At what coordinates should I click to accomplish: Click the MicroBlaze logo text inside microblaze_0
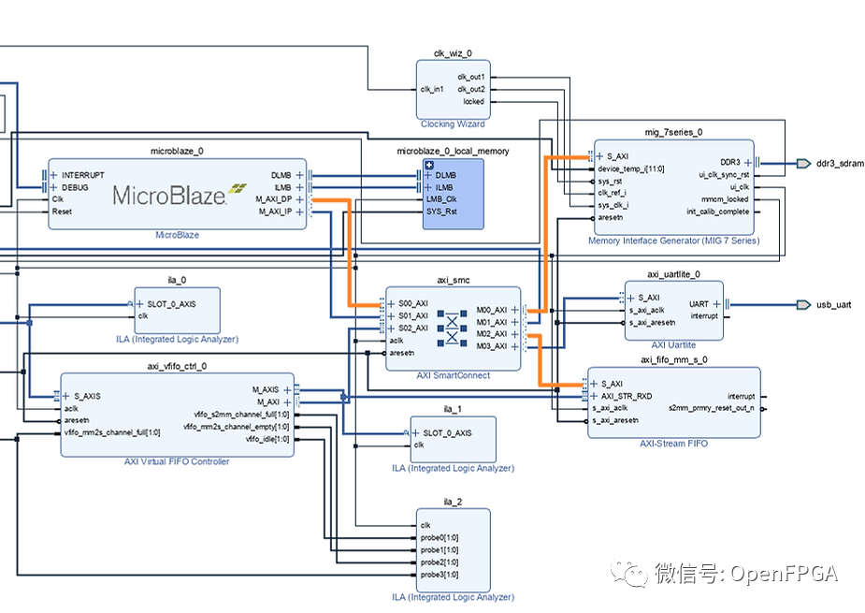[x=169, y=195]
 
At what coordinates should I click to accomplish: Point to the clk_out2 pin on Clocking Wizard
[x=470, y=89]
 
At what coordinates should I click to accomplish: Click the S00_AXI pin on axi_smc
[x=412, y=303]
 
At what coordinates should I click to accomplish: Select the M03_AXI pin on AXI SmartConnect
[x=491, y=346]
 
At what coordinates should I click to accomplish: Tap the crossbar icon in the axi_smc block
[x=453, y=328]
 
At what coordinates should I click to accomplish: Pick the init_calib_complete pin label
[x=710, y=212]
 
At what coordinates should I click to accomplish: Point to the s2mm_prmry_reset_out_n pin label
[x=712, y=408]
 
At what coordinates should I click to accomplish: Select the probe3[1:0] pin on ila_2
[x=439, y=574]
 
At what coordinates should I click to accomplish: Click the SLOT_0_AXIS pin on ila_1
[x=447, y=432]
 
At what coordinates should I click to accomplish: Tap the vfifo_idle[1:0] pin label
[x=267, y=439]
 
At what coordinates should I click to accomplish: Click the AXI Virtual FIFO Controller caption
[x=177, y=461]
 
